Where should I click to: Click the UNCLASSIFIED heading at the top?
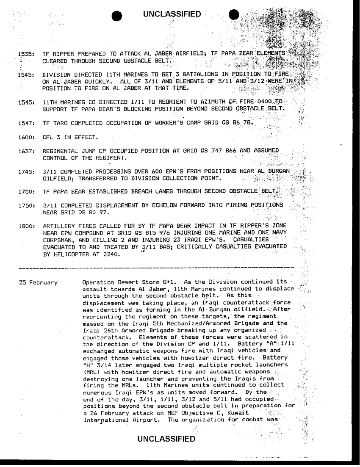coord(172,15)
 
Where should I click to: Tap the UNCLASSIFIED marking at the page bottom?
coord(167,439)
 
